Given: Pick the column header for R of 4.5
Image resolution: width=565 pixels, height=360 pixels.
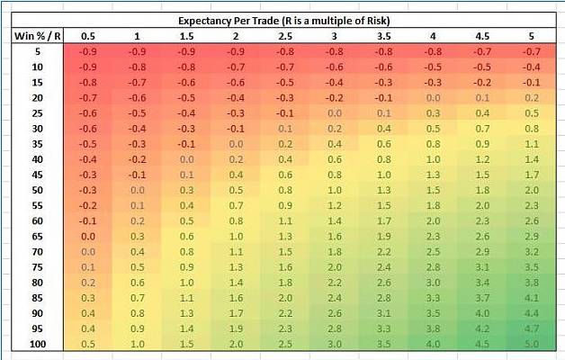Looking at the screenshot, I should tap(484, 35).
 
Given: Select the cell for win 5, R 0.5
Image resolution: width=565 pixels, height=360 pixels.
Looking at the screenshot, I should tap(88, 51).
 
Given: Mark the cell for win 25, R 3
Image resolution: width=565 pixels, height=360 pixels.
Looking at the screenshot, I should tap(335, 113).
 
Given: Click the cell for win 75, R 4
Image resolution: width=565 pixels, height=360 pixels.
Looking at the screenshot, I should tap(434, 266).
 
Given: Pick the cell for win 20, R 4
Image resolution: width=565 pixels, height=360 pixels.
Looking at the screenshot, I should tap(434, 97).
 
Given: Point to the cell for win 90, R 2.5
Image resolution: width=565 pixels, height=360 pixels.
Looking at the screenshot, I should tap(285, 313).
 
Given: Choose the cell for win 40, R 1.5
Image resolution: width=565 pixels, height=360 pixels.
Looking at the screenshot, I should tap(186, 159).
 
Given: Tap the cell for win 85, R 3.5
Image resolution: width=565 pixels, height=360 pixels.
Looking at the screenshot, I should tap(384, 298).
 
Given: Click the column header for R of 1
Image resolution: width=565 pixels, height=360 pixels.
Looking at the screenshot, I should tap(138, 35).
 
